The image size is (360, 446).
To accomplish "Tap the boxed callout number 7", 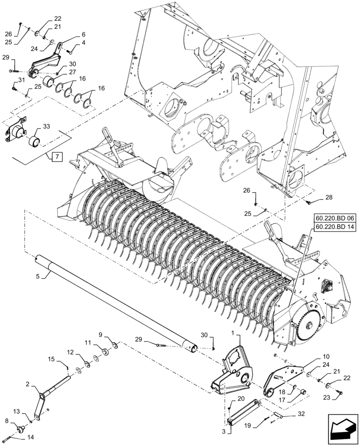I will tap(57, 157).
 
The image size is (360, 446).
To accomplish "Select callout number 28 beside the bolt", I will tap(328, 197).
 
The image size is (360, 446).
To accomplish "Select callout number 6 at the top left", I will tap(71, 34).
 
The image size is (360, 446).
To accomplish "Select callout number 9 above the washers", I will tap(100, 334).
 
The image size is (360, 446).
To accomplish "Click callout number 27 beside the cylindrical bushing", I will tap(71, 72).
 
